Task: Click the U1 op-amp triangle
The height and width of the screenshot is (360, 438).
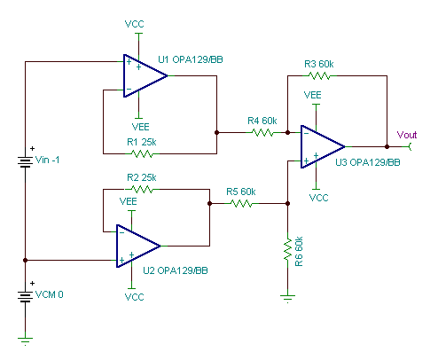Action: (144, 75)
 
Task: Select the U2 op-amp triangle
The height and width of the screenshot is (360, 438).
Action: (137, 246)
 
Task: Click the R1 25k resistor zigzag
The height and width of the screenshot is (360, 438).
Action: (142, 153)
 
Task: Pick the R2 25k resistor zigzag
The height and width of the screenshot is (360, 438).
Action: (142, 189)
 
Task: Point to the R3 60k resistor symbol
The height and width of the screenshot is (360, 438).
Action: (319, 75)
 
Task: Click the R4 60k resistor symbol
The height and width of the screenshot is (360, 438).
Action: (262, 132)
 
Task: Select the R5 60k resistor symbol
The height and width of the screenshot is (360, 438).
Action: (241, 203)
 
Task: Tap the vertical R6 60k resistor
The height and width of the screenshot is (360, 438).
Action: (288, 251)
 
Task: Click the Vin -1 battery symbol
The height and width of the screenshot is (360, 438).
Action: (26, 162)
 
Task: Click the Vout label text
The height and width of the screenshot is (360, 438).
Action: (407, 135)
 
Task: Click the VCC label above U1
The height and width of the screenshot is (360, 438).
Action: (134, 24)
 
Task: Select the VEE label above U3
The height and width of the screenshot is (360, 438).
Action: (312, 95)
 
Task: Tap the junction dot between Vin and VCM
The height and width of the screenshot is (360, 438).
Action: (26, 260)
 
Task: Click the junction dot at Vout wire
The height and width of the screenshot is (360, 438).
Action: (387, 146)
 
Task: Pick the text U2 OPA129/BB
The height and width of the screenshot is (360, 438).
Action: (176, 270)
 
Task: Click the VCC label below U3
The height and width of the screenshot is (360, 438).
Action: (318, 198)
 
